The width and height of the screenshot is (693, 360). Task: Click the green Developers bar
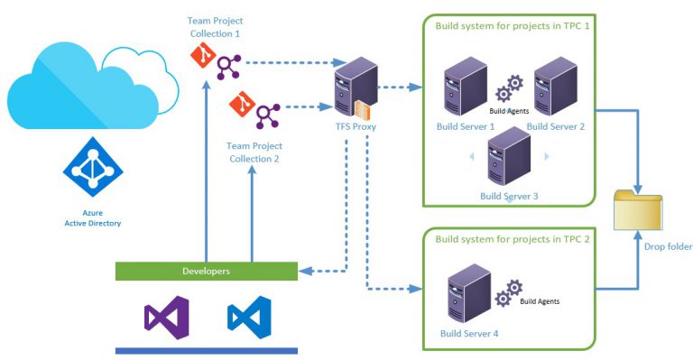coord(207,271)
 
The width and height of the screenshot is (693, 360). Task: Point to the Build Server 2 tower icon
coord(555,89)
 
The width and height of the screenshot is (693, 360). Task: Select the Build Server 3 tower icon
coord(508,157)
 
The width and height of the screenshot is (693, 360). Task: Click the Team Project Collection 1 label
coord(215,27)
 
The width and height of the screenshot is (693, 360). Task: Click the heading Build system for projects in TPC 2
coord(513,240)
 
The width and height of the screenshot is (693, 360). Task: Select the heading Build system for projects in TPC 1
coord(513,26)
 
